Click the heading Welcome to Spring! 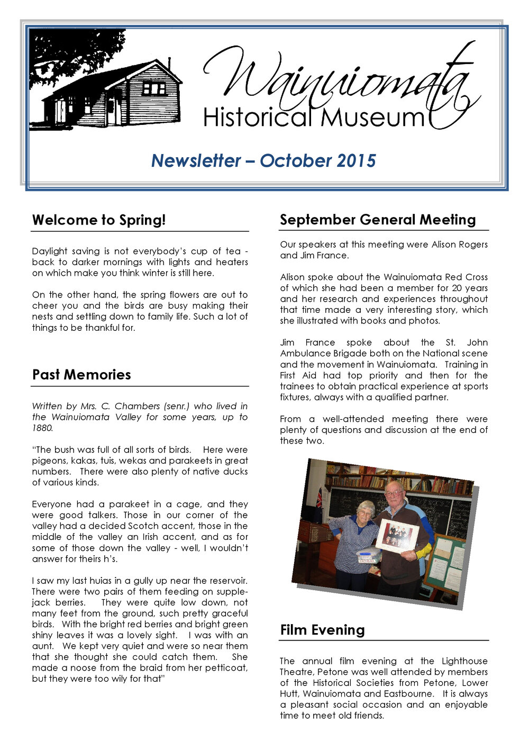[99, 220]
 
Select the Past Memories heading [81, 375]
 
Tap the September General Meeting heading [378, 220]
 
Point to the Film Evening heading [322, 630]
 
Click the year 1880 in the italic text [42, 428]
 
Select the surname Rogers [471, 245]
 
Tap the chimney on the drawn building [169, 63]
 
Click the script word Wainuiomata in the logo [339, 79]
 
